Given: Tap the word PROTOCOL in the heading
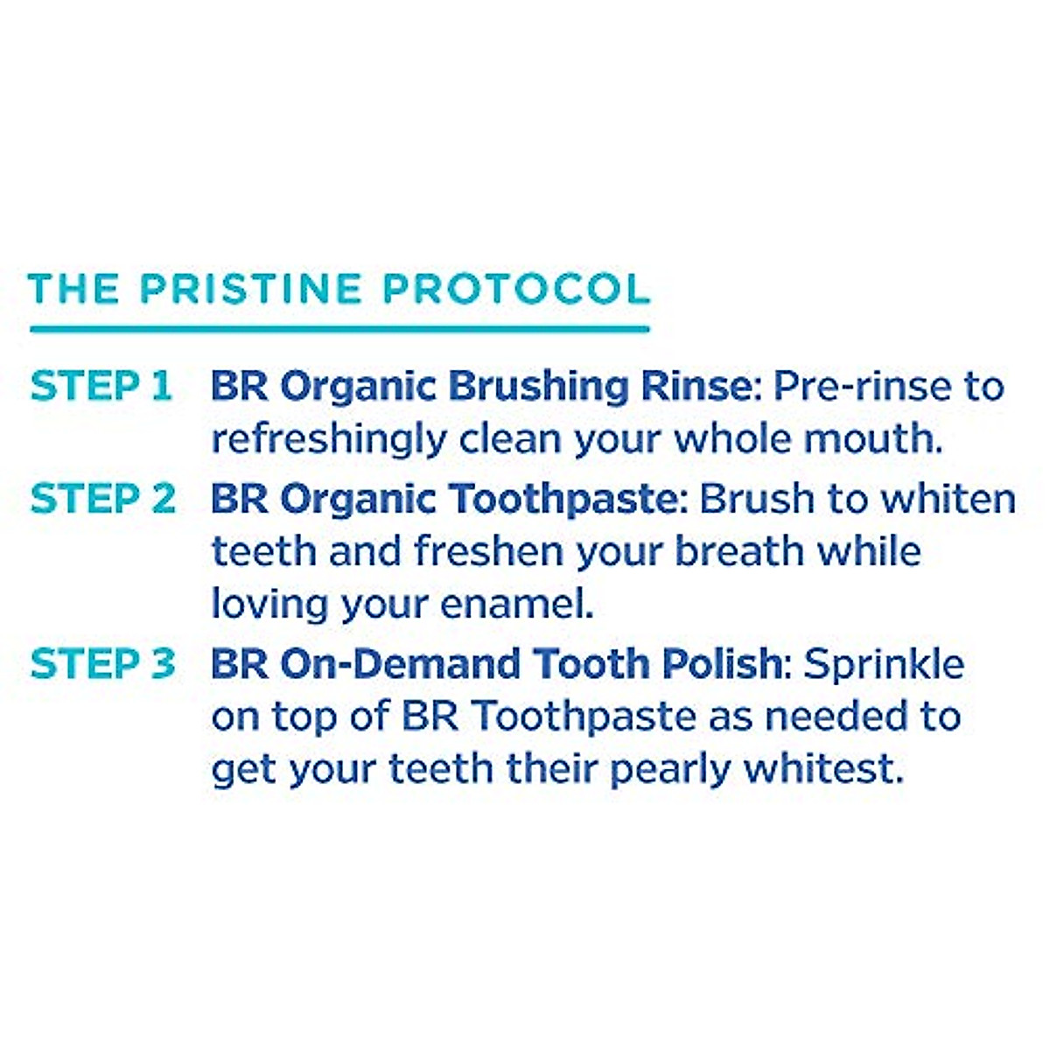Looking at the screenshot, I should pyautogui.click(x=516, y=290).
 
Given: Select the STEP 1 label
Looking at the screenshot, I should pyautogui.click(x=101, y=387).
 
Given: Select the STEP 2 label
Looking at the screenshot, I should pyautogui.click(x=103, y=500).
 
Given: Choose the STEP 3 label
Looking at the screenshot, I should pyautogui.click(x=103, y=664).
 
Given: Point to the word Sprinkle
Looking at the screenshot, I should pyautogui.click(x=884, y=664).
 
